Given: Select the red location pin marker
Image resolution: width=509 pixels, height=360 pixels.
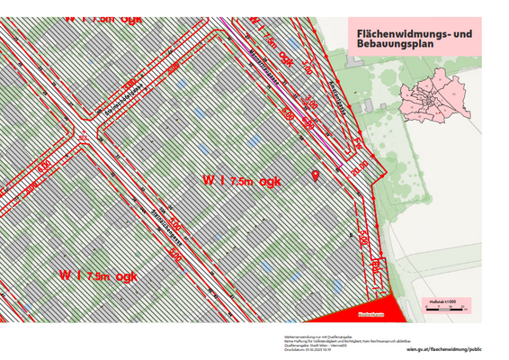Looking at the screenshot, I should pyautogui.click(x=316, y=174).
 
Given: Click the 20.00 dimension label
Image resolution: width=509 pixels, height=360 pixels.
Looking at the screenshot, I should pyautogui.click(x=360, y=165).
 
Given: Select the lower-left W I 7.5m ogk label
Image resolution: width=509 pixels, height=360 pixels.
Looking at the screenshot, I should pyautogui.click(x=98, y=275).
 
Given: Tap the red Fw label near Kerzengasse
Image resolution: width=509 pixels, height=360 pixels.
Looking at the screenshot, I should pyautogui.click(x=355, y=142).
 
